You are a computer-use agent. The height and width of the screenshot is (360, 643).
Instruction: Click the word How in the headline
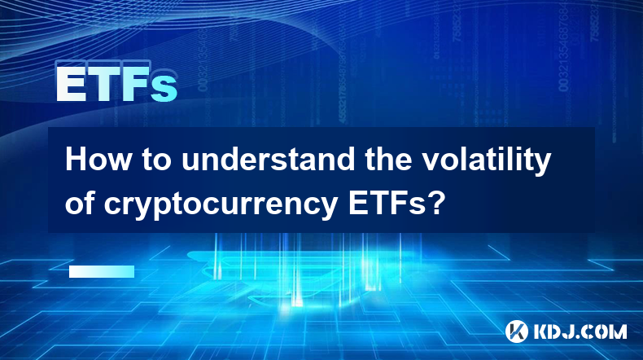(x=98, y=160)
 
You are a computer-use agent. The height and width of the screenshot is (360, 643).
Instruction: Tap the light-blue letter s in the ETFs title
(x=164, y=88)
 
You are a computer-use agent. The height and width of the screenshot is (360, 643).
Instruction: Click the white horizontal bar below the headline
(x=102, y=271)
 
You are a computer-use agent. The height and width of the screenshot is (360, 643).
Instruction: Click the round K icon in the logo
(x=517, y=331)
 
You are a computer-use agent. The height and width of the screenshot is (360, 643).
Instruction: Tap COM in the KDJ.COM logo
(x=606, y=331)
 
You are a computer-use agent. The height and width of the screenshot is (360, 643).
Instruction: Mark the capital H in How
(x=75, y=160)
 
